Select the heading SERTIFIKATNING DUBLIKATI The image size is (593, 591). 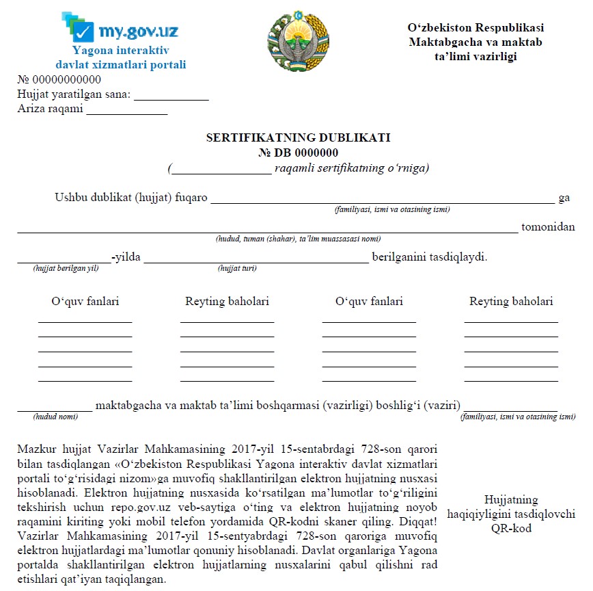click(298, 137)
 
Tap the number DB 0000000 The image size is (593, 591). click(298, 153)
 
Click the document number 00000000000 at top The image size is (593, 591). click(61, 79)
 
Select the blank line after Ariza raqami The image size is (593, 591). click(126, 113)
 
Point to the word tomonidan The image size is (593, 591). click(548, 227)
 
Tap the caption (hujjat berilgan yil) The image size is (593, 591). click(66, 268)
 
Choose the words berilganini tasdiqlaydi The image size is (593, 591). click(429, 258)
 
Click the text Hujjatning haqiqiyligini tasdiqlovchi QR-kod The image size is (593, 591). click(511, 514)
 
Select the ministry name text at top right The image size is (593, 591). click(475, 42)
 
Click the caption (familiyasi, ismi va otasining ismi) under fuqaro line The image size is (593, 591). click(391, 209)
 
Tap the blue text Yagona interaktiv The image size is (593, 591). click(120, 51)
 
